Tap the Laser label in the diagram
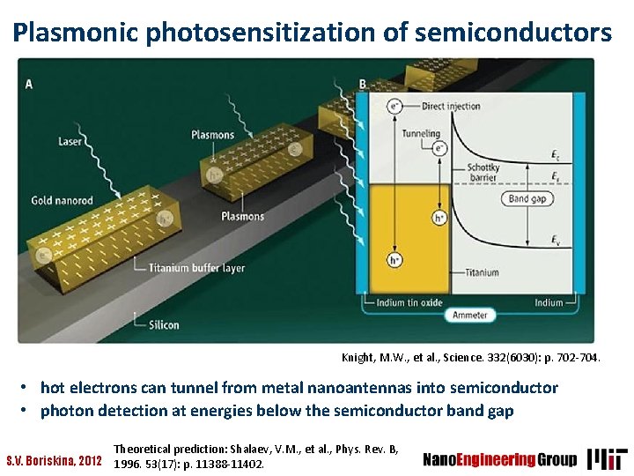click(x=70, y=141)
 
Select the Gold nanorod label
click(x=61, y=200)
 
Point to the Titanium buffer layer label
click(x=196, y=268)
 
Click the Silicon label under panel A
click(x=164, y=324)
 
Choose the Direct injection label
click(x=451, y=107)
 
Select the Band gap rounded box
click(x=526, y=198)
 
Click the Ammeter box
click(x=470, y=315)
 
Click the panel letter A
click(x=30, y=85)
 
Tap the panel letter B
click(x=363, y=85)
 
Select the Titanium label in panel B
click(x=482, y=272)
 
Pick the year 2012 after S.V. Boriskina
click(x=88, y=460)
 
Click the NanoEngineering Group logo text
click(x=500, y=459)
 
